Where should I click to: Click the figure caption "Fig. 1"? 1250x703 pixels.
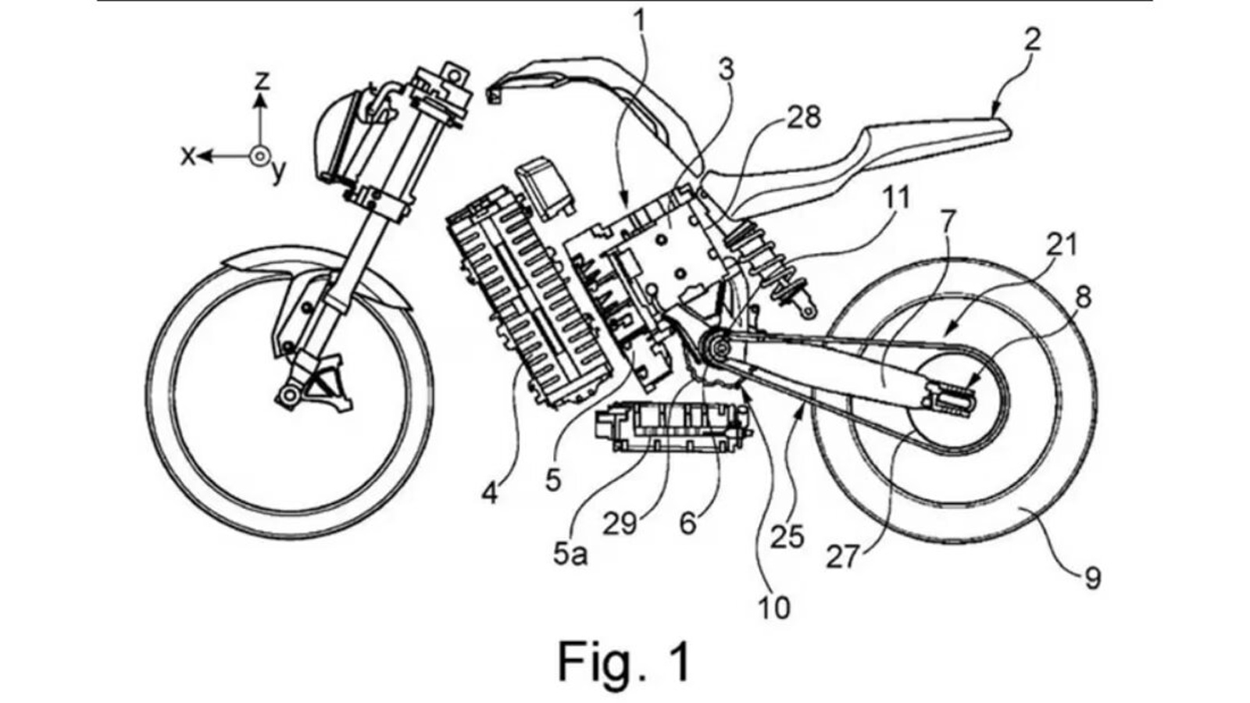coord(624,661)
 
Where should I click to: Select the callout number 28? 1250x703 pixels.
coord(804,118)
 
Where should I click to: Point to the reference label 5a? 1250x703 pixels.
coord(570,555)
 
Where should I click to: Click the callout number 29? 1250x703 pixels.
coord(620,523)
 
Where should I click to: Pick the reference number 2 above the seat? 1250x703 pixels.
coord(1033,40)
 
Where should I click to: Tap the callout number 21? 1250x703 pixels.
coord(1062,244)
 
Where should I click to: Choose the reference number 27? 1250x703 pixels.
coord(843,557)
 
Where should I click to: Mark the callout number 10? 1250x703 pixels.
coord(774,608)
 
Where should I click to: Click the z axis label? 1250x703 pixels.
coord(262,81)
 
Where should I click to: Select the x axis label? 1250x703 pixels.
coord(188,157)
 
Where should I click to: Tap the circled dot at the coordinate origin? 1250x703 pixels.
coord(259,157)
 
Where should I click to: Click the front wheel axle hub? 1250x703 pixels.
coord(290,395)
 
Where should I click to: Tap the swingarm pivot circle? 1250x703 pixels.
coord(720,348)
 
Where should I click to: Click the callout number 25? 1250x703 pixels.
coord(787,537)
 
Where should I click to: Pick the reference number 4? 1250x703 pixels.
coord(489,493)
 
